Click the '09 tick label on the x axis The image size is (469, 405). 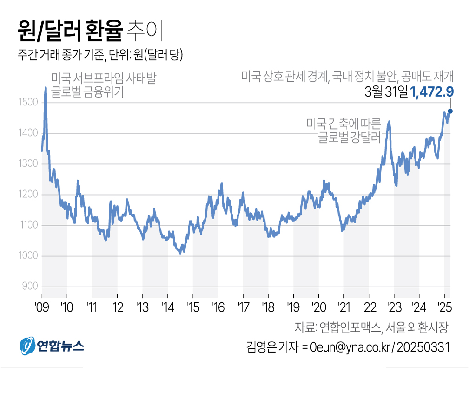click(42, 307)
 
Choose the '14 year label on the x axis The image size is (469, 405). click(167, 307)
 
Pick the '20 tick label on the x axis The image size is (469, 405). click(318, 307)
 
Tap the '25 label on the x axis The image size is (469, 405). click(444, 307)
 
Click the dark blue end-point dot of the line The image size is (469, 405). click(450, 111)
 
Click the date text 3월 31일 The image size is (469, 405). click(386, 92)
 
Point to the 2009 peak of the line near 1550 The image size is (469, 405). click(46, 88)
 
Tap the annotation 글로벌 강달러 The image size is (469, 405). click(349, 137)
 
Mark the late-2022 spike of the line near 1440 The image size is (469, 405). click(389, 122)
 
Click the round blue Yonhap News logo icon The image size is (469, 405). click(27, 346)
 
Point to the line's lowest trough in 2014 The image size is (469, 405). click(182, 253)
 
